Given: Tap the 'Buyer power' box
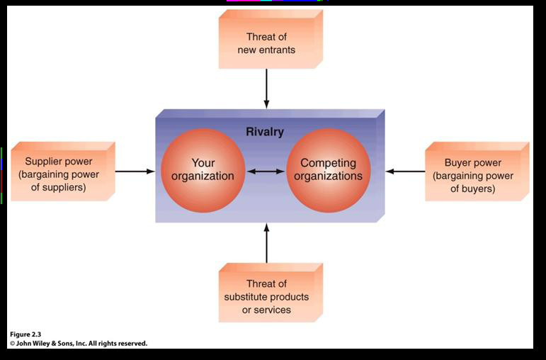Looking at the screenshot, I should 473,174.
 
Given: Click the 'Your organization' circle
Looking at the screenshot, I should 203,169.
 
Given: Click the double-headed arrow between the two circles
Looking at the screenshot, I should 266,171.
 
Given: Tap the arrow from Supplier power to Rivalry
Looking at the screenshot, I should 135,171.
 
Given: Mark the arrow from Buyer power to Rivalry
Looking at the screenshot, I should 406,171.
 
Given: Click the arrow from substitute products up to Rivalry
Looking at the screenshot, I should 267,242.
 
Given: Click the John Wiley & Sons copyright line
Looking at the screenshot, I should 78,343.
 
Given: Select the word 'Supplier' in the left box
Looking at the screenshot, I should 45,162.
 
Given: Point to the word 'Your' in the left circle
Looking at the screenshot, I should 203,163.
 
